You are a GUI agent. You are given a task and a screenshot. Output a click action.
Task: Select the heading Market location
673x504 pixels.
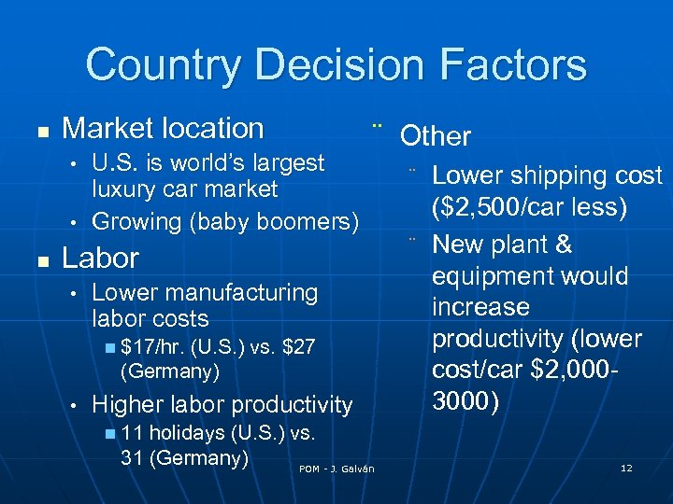[163, 128]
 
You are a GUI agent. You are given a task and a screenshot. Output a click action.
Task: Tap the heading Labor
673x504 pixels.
[100, 258]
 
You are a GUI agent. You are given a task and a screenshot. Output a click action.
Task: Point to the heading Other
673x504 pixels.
[436, 136]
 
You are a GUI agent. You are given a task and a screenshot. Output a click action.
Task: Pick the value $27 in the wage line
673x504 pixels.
[298, 347]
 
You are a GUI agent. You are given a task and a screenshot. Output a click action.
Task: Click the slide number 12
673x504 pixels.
[626, 468]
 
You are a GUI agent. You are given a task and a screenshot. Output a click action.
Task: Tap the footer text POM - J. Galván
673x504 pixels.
[336, 469]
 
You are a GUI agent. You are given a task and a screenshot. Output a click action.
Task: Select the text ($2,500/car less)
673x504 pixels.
[529, 206]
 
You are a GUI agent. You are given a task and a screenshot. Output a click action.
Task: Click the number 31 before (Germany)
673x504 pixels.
[132, 458]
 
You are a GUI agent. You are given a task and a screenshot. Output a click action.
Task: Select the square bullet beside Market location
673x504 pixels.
[34, 130]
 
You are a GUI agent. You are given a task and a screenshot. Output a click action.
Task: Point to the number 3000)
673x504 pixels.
[465, 401]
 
